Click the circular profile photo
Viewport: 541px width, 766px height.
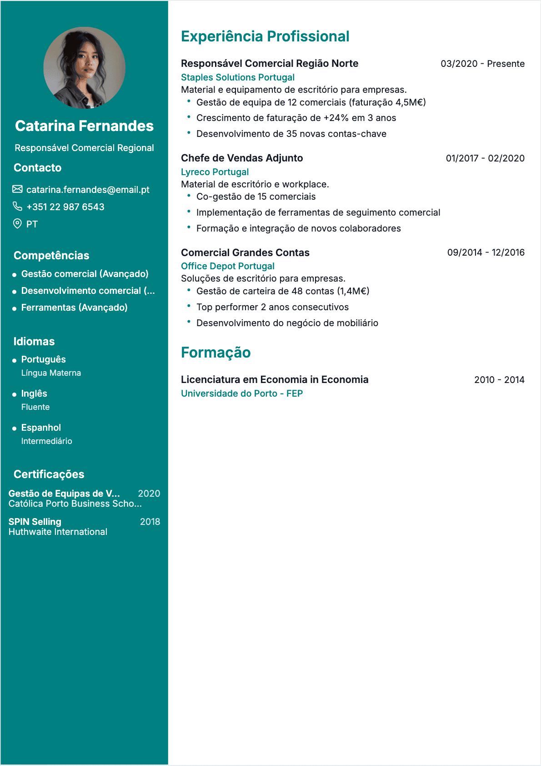click(x=84, y=68)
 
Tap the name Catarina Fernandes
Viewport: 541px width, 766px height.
click(x=84, y=126)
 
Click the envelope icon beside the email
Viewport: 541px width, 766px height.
click(x=17, y=189)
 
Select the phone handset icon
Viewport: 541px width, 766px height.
click(x=17, y=207)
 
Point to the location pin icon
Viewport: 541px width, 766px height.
click(x=17, y=224)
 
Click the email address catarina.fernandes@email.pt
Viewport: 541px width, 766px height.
click(x=88, y=190)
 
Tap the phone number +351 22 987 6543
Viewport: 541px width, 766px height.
click(x=65, y=207)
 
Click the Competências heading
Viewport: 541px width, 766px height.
click(x=51, y=256)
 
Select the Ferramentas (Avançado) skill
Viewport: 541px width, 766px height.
click(x=74, y=307)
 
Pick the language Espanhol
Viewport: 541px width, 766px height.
click(x=41, y=428)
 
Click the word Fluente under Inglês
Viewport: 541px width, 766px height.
click(x=35, y=407)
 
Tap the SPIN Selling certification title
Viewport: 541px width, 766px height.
click(x=35, y=522)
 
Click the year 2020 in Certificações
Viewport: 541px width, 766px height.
click(x=149, y=494)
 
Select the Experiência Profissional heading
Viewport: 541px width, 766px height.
click(x=265, y=36)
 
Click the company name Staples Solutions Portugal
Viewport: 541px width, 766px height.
click(x=237, y=77)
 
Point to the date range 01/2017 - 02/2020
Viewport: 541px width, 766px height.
click(x=485, y=158)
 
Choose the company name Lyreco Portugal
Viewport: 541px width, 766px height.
click(x=215, y=172)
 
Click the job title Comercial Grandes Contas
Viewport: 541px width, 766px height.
click(x=245, y=252)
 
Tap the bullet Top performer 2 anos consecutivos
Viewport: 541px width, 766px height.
click(x=272, y=307)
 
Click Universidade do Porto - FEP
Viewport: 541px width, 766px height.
click(x=242, y=393)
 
